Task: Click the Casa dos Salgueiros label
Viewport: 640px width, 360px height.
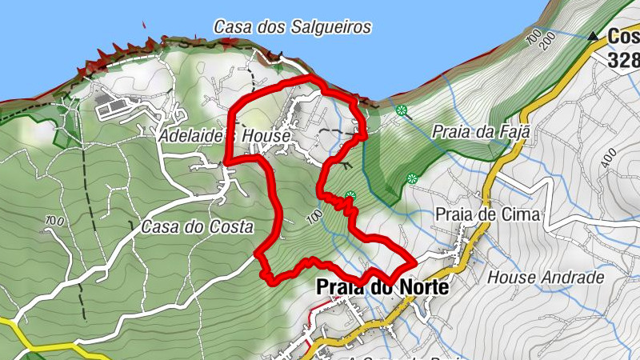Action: tap(292, 26)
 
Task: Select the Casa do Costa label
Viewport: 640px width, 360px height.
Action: tap(197, 226)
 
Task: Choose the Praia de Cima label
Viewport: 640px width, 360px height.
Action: tap(489, 214)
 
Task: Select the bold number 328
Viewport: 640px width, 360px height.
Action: tap(622, 60)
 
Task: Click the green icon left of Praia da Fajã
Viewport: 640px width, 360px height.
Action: tap(401, 110)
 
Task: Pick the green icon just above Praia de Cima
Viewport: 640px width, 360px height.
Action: tap(412, 178)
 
